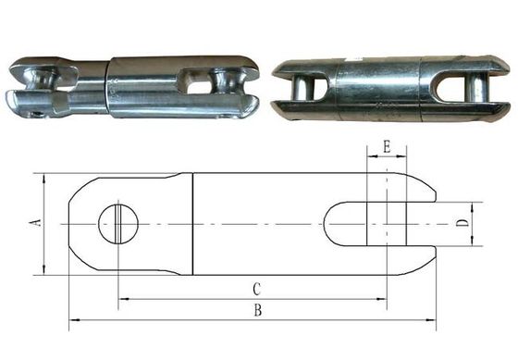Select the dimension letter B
point(257,312)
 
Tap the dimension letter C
point(257,288)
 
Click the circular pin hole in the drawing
point(118,222)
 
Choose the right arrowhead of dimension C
point(381,298)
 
